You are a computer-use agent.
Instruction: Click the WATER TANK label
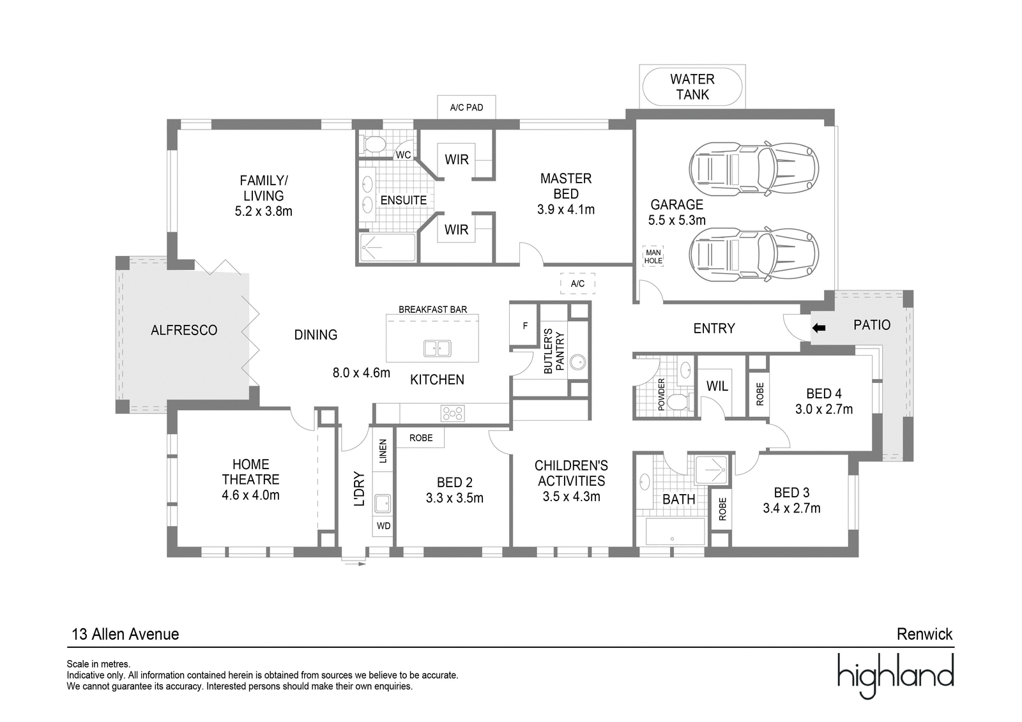(x=692, y=87)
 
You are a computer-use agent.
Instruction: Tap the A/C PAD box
(x=466, y=107)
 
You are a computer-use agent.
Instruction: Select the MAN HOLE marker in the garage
(x=653, y=257)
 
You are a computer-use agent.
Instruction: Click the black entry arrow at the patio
(x=819, y=327)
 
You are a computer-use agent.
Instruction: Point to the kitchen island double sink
(x=437, y=349)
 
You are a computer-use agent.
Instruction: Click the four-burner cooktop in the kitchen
(x=452, y=414)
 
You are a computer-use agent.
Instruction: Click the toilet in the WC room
(x=373, y=144)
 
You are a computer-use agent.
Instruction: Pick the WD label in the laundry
(x=383, y=526)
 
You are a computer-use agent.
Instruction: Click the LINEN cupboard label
(x=383, y=451)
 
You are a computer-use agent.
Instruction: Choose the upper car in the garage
(x=753, y=169)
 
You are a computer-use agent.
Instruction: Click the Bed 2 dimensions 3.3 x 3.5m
(x=454, y=498)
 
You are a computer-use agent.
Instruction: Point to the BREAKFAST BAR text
(x=432, y=310)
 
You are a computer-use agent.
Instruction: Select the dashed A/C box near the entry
(x=577, y=283)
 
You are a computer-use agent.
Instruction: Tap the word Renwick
(x=924, y=634)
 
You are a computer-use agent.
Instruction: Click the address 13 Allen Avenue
(x=125, y=634)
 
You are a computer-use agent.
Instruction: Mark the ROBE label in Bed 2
(x=421, y=438)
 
